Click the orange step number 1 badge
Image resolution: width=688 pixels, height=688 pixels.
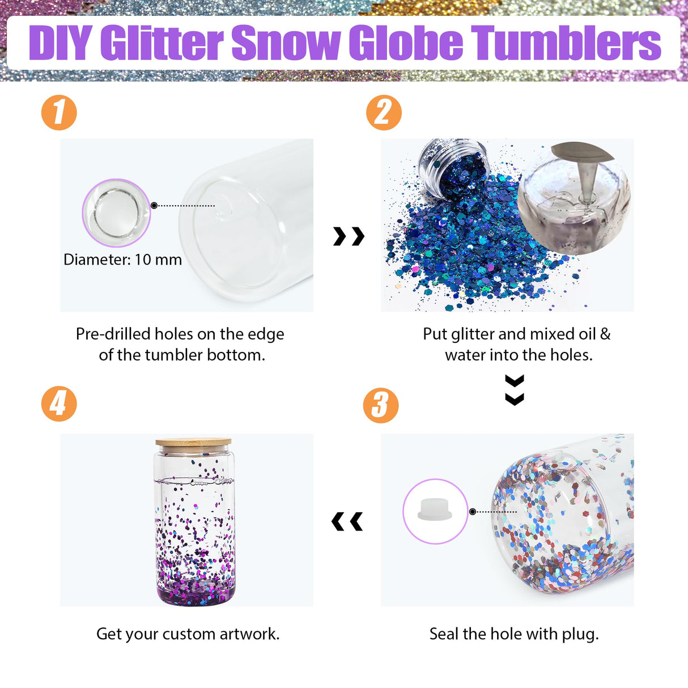pos(59,112)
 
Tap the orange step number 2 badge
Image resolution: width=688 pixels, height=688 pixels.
pos(384,112)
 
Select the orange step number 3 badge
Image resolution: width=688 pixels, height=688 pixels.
pos(381,405)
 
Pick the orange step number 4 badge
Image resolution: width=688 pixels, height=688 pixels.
pos(59,404)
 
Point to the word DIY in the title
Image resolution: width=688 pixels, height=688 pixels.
pos(60,43)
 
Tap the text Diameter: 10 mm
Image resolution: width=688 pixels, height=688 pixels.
pos(122,260)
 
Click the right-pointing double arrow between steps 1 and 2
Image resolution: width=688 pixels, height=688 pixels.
pos(349,236)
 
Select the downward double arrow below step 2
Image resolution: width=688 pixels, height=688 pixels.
pos(515,390)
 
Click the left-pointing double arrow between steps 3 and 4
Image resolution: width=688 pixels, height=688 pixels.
pos(347,521)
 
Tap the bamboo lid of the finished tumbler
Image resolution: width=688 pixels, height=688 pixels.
pos(193,442)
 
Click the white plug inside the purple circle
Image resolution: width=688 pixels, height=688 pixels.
pos(435,509)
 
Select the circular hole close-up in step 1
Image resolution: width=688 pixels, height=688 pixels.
pos(116,213)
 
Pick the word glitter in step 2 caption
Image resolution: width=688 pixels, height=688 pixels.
pos(473,334)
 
